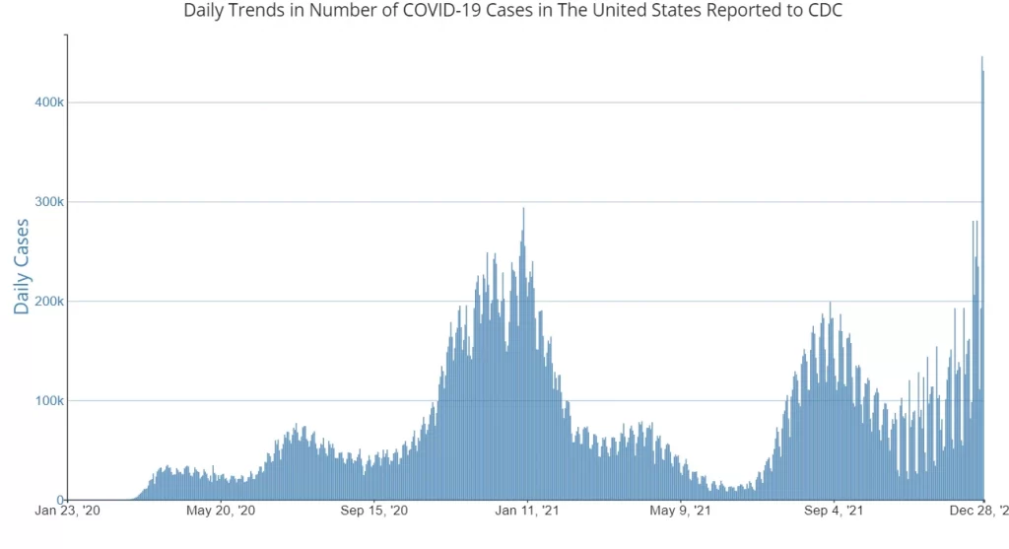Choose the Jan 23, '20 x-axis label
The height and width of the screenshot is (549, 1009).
(68, 511)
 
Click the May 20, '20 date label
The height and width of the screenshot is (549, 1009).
(221, 511)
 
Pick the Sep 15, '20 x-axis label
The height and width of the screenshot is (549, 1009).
(374, 511)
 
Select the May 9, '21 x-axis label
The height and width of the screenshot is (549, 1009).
(681, 511)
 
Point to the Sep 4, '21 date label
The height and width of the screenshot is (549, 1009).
(834, 511)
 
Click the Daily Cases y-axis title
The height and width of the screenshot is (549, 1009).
(22, 266)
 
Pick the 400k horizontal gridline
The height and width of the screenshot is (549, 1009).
(493, 103)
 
